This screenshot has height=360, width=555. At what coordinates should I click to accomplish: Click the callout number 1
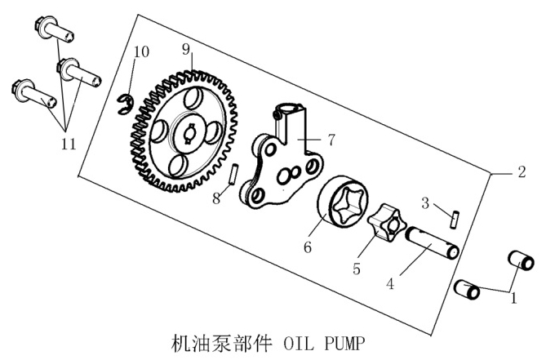point(513,299)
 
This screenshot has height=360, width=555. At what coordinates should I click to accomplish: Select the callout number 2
point(521,172)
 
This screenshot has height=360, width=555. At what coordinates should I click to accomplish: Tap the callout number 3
point(425,202)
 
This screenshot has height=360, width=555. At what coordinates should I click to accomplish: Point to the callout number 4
point(390,284)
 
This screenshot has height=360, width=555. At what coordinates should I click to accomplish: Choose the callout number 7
point(331,140)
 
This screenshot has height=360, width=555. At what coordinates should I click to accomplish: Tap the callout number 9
point(186,50)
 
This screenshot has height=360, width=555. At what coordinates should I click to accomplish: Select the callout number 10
point(141,51)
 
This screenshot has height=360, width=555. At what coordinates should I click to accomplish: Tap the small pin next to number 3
point(454,216)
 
